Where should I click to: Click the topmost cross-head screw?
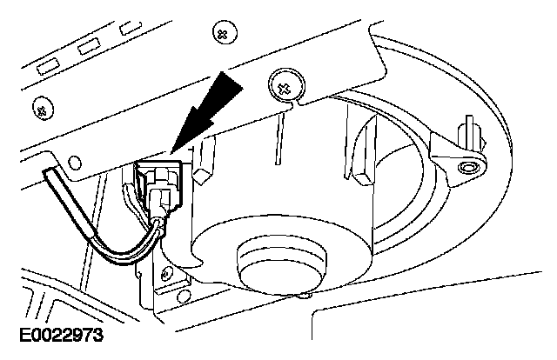(x=223, y=33)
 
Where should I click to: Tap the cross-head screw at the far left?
(x=39, y=110)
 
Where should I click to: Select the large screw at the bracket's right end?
(x=284, y=85)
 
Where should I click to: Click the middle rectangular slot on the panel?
(x=88, y=45)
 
